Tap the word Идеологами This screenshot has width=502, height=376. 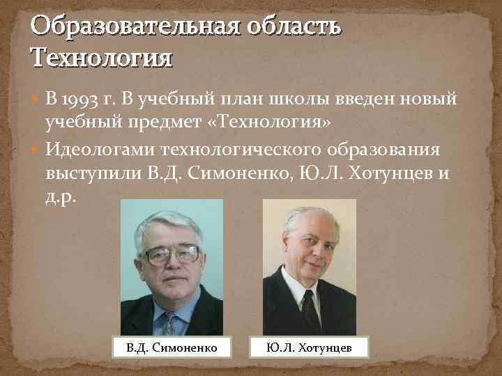(100, 148)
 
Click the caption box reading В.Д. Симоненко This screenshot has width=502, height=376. (167, 346)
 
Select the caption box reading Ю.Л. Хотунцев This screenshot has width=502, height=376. (309, 346)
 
